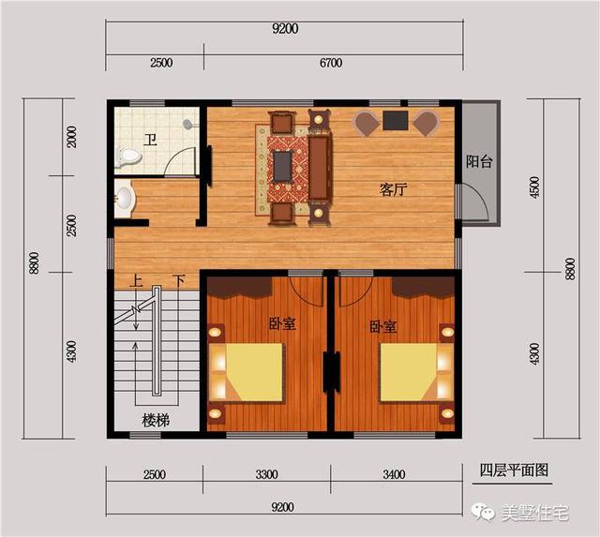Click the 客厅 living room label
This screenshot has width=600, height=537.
(x=394, y=189)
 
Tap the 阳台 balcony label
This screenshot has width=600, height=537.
(x=479, y=161)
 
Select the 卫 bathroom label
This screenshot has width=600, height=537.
(x=150, y=142)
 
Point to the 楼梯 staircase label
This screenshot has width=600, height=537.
(x=156, y=420)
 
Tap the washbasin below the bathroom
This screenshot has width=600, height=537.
(x=124, y=199)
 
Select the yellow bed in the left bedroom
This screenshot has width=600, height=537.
(x=250, y=372)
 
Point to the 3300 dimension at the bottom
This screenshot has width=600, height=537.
(x=266, y=473)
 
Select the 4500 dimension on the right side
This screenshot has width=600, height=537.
(x=535, y=187)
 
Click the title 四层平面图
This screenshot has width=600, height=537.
(x=513, y=470)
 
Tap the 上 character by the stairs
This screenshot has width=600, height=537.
(x=137, y=280)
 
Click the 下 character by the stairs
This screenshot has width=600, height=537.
(x=179, y=280)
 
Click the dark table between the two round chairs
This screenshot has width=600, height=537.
(x=395, y=120)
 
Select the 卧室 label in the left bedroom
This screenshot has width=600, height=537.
(x=282, y=324)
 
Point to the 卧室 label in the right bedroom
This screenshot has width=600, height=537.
(x=382, y=327)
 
